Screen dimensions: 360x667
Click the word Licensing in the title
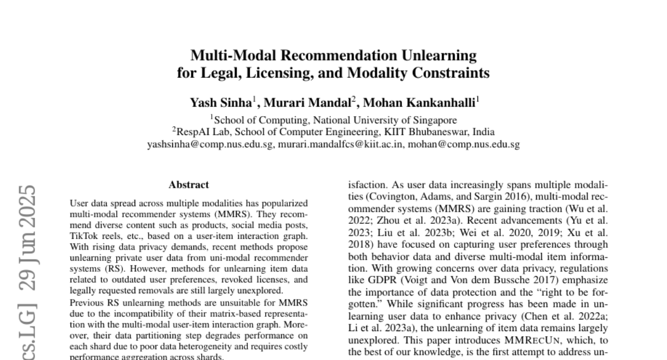(273, 73)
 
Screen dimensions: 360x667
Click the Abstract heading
(189, 184)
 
